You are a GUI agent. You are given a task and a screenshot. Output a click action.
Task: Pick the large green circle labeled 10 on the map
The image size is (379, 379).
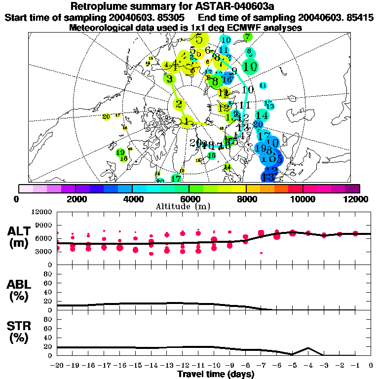coord(250,66)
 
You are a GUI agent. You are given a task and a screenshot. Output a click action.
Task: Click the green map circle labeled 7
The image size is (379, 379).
coord(247,37)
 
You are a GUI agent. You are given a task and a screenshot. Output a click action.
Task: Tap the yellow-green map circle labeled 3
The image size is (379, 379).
coord(170,78)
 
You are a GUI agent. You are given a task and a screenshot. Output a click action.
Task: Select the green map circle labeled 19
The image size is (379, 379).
coord(120,152)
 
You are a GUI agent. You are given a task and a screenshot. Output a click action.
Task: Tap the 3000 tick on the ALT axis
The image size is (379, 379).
coord(45,251)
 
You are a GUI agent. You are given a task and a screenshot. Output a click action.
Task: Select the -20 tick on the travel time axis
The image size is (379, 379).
coord(58,365)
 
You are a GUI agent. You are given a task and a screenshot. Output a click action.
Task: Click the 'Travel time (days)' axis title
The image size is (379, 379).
coord(215,375)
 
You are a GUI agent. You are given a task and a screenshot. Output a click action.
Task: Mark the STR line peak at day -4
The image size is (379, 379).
coord(308,347)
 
